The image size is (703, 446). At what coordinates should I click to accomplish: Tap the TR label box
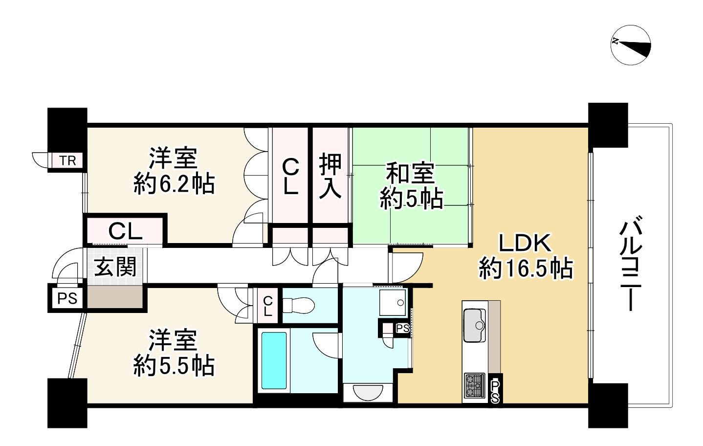point(68,160)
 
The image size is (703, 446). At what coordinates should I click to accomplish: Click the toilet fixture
point(298,306)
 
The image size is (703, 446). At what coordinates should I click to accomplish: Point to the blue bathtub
point(274,360)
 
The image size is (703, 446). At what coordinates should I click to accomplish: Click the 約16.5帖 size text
point(526,268)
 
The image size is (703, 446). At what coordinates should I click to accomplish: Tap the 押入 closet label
point(330,176)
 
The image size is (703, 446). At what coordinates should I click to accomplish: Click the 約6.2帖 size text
point(174,184)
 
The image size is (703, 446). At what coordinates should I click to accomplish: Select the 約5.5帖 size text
point(174,366)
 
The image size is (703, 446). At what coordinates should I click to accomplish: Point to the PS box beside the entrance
point(67,298)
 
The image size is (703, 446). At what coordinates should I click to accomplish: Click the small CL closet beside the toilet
point(267,306)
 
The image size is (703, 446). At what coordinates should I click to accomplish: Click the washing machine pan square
point(393,302)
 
